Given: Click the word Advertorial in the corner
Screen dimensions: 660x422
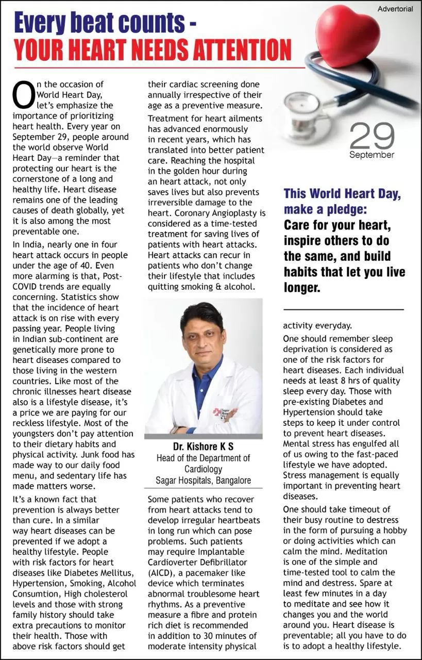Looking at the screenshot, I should [x=395, y=9].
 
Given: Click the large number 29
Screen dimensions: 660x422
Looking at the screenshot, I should [x=372, y=136].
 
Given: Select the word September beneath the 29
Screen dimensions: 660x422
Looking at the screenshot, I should [x=372, y=155].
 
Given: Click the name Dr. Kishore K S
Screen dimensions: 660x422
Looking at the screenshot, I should [x=204, y=446].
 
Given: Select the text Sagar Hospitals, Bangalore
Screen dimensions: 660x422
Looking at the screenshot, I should [x=204, y=481].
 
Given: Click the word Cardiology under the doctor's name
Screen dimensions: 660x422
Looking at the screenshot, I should [x=204, y=469].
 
